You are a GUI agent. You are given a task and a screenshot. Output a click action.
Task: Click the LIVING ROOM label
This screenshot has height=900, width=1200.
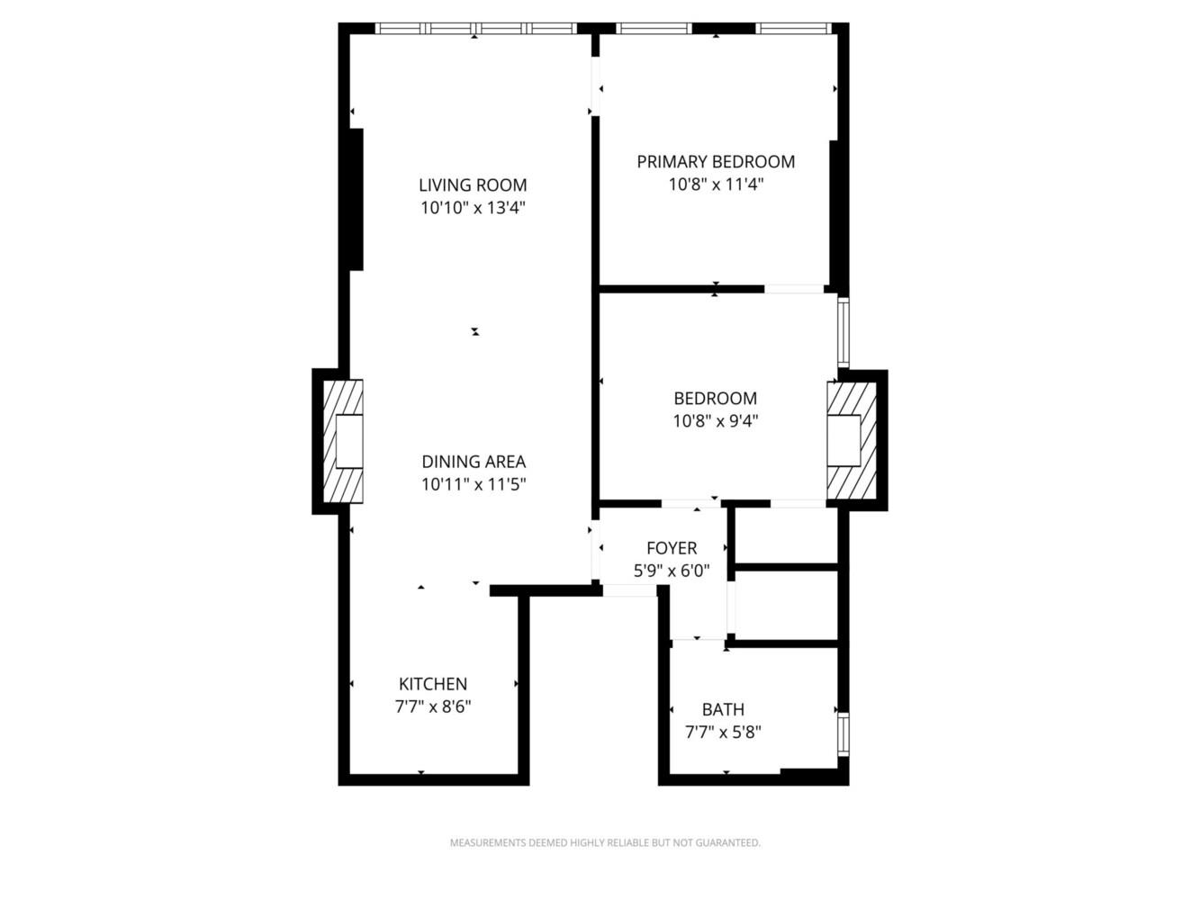coord(473,185)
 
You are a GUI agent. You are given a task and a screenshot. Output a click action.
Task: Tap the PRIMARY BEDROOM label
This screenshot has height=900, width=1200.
coord(716,162)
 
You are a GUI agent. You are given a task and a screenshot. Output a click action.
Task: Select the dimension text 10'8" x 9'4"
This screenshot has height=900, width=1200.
coord(716,420)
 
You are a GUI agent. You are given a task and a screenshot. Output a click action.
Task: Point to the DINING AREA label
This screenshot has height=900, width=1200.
coord(474,462)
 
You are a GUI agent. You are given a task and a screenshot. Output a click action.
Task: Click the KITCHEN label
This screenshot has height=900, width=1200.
coord(433,684)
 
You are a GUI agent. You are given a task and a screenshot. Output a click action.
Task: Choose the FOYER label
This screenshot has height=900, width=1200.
coord(672,548)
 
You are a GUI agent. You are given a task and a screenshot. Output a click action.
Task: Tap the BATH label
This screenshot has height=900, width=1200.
coord(723,709)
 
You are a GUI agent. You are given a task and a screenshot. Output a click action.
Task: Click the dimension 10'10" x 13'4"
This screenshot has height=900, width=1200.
coord(473,208)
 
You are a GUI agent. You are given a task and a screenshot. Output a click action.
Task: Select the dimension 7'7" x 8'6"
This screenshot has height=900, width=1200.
coord(433,706)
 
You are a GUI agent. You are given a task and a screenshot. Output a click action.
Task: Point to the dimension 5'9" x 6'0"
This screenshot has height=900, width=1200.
coord(672,570)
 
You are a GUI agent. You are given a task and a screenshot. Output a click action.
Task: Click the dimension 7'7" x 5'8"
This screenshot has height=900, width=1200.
coord(723,732)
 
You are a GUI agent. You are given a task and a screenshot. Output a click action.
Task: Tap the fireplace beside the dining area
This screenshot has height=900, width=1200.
coord(344,441)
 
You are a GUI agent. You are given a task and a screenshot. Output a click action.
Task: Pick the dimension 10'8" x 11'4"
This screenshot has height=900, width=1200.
coord(716,184)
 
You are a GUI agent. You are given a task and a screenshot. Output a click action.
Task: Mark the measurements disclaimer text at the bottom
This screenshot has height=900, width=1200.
coord(605,843)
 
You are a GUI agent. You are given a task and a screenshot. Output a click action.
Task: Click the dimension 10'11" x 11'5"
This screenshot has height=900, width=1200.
coord(474,484)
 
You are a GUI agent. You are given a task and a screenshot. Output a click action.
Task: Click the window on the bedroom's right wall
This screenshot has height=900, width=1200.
coord(844,331)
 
